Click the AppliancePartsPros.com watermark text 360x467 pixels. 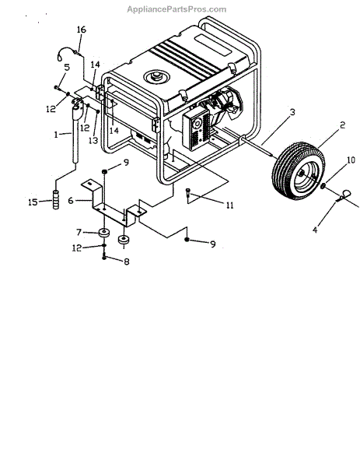tap(177, 9)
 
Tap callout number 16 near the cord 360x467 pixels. tap(81, 30)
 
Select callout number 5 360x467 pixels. tap(67, 67)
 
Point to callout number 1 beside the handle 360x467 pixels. tap(56, 135)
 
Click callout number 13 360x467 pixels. tap(93, 140)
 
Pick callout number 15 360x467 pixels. tap(33, 202)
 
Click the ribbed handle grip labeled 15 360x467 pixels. tap(56, 200)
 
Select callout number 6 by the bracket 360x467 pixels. tap(71, 201)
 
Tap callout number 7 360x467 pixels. tap(79, 232)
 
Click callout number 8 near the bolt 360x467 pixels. tap(127, 262)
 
